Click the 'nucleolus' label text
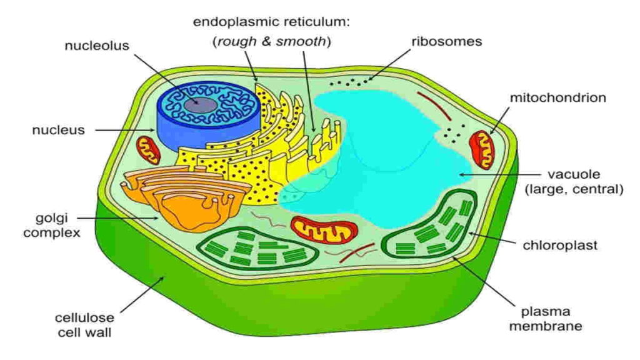click(x=97, y=45)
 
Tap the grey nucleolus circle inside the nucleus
click(x=200, y=105)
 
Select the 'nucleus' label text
click(x=58, y=130)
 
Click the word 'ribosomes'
click(x=446, y=41)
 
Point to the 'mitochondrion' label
click(x=558, y=97)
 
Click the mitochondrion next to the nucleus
click(x=148, y=150)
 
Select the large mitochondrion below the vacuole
click(x=324, y=230)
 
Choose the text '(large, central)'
click(x=574, y=189)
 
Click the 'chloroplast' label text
click(x=560, y=245)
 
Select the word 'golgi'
click(x=52, y=218)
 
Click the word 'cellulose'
click(x=84, y=317)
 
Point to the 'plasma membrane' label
click(x=545, y=319)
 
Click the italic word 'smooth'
click(x=301, y=41)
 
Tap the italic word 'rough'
click(x=237, y=42)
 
